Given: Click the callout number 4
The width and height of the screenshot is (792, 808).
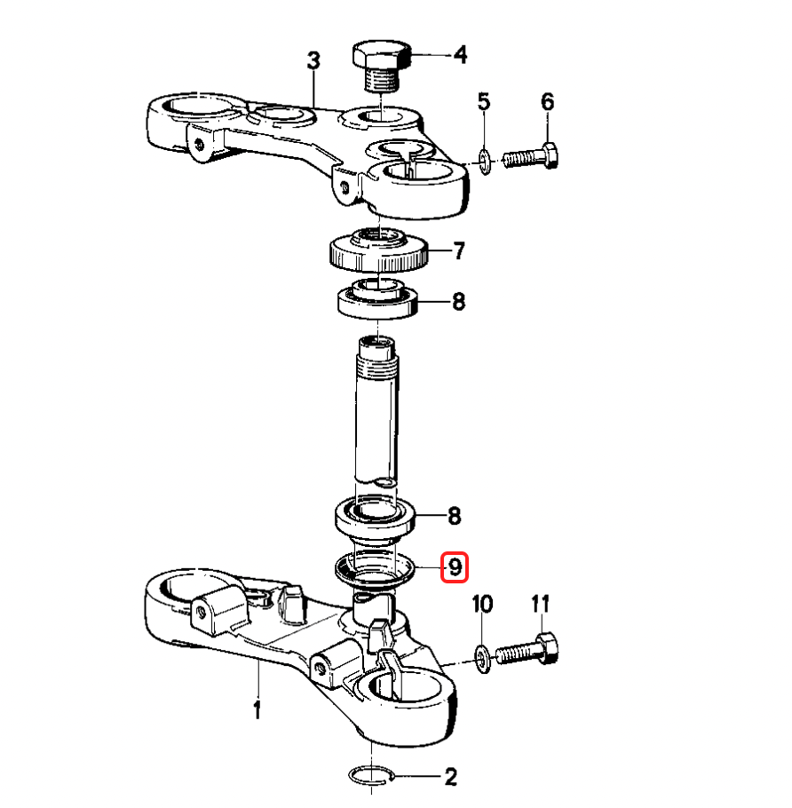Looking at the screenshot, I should tap(459, 55).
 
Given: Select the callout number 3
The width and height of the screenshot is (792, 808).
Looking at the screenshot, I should tap(313, 61).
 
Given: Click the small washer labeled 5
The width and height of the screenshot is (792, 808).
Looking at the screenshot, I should tap(484, 161).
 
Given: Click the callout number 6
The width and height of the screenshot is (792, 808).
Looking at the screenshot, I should tap(547, 102).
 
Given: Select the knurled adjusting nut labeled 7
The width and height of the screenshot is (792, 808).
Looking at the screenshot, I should tap(380, 251).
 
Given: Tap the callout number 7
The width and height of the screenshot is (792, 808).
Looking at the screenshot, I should tap(458, 251).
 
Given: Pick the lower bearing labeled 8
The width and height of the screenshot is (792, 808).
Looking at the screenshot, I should tap(376, 517).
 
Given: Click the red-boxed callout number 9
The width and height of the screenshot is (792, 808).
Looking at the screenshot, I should tap(454, 566).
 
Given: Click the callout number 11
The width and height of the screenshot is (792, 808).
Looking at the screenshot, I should tap(541, 605).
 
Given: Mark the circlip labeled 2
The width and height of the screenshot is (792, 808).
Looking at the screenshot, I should tap(370, 775).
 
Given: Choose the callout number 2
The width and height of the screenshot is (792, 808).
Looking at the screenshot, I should tap(450, 778).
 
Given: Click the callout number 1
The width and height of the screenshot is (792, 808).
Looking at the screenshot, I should tap(257, 710).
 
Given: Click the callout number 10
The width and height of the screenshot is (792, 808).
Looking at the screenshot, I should tap(482, 605).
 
